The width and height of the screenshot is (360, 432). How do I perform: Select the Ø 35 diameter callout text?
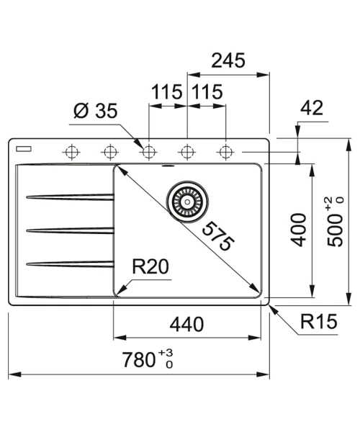[x=96, y=111]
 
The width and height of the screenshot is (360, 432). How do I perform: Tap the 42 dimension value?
[x=312, y=107]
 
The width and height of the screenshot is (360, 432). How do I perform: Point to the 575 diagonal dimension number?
[x=218, y=236]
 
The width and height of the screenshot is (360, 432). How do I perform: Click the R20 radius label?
[x=150, y=266]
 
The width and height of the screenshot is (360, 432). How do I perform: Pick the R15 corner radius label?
[x=319, y=321]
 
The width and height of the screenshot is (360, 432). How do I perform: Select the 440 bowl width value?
[x=186, y=324]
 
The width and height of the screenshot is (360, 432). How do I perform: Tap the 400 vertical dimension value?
[x=299, y=230]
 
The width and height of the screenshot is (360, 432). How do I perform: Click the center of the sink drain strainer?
[x=187, y=202]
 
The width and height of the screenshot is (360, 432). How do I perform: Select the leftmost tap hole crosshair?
[x=71, y=152]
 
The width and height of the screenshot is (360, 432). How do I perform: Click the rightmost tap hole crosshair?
[x=225, y=152]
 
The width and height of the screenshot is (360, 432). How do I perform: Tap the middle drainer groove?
[x=71, y=230]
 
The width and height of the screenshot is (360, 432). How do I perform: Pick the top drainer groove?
[x=71, y=197]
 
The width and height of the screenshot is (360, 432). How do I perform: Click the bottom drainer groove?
[x=71, y=264]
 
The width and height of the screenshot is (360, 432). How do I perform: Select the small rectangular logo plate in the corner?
[x=24, y=149]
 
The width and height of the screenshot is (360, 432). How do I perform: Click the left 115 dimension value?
[x=167, y=91]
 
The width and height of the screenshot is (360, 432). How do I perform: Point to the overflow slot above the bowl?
[x=168, y=166]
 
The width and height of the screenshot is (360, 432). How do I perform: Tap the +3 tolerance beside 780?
[x=166, y=352]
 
